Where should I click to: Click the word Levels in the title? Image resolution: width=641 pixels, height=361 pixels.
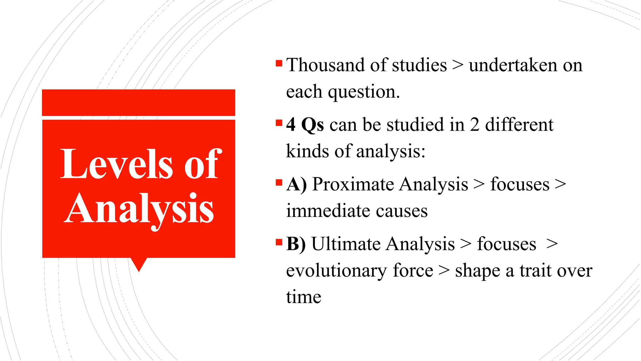pyautogui.click(x=116, y=164)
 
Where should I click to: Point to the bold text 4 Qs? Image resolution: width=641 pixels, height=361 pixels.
pyautogui.click(x=305, y=125)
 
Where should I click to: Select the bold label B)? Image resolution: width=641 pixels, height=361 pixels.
pyautogui.click(x=296, y=244)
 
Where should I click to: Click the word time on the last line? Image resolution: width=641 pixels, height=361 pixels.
pyautogui.click(x=304, y=297)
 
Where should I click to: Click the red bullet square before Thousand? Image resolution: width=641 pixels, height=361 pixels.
pyautogui.click(x=279, y=63)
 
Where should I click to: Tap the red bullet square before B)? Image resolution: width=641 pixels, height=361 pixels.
pyautogui.click(x=279, y=242)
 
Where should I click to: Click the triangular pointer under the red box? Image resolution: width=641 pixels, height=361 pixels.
pyautogui.click(x=139, y=264)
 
